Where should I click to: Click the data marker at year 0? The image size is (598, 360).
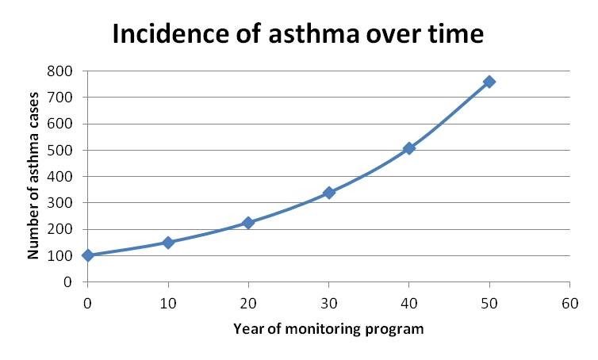coord(87,255)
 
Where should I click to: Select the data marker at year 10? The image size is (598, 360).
coord(167,242)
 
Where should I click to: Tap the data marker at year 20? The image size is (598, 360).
coord(248,223)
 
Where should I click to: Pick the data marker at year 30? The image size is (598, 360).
coord(328,193)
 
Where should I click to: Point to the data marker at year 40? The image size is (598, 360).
coord(409,148)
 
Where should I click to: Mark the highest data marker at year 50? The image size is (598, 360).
coord(489,82)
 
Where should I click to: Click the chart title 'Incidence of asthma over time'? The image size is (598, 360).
coord(298,35)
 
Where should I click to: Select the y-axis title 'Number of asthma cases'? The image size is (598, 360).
coord(33,176)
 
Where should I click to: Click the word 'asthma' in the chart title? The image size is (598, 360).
coord(305,35)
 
